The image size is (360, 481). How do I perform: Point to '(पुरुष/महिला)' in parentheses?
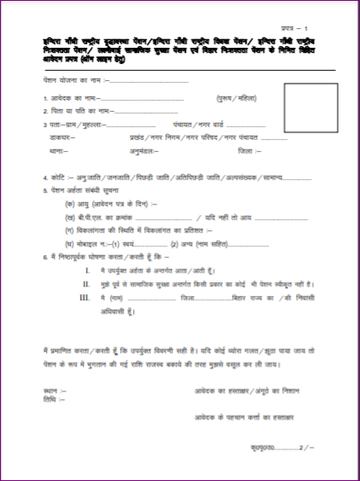click(x=236, y=99)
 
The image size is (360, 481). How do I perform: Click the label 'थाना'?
click(x=60, y=151)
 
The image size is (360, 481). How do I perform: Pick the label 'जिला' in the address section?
click(x=247, y=151)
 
